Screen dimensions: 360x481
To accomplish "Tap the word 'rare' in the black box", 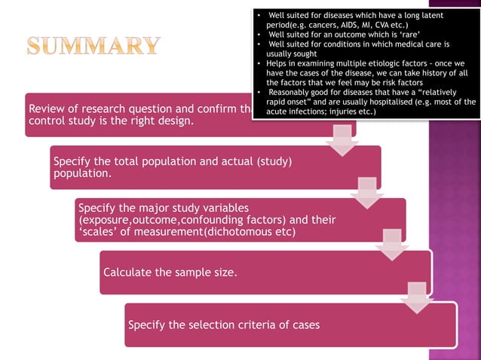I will (x=399, y=35).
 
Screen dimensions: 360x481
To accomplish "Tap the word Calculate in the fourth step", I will (x=127, y=272).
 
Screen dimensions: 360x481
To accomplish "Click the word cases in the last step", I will (x=305, y=325).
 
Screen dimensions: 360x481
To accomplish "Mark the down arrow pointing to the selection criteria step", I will (x=417, y=297).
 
